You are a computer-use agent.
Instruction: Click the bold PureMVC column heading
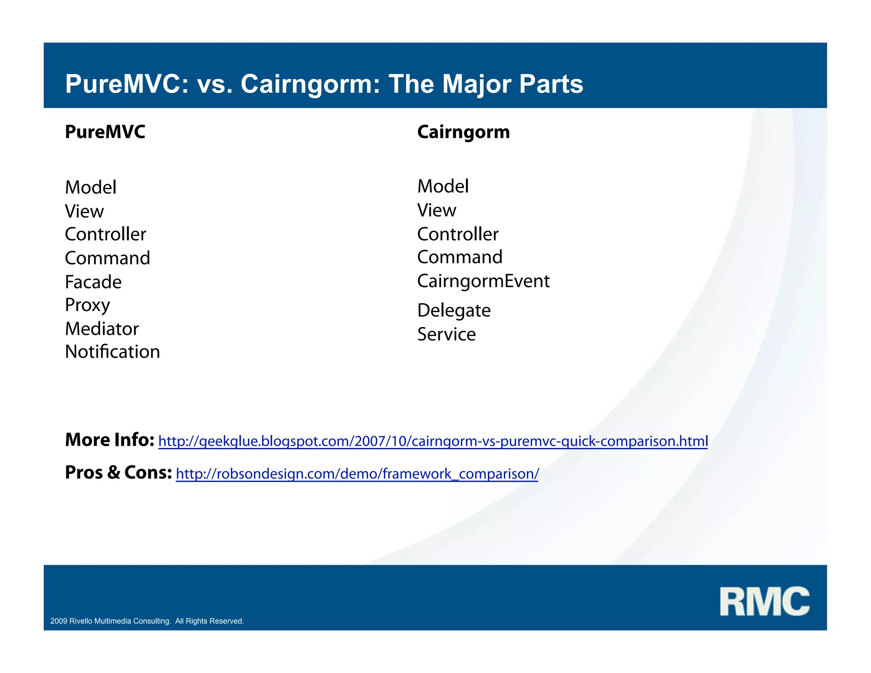pos(105,132)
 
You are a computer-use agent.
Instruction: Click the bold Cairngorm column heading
pos(463,132)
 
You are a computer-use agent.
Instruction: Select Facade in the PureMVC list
pos(93,282)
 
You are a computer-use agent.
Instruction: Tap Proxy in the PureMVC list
pos(87,305)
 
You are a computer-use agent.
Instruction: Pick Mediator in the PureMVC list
pos(102,329)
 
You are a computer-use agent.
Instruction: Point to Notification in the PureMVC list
pos(112,352)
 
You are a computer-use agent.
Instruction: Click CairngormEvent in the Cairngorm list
pos(483,281)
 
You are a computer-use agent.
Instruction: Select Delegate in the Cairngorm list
pos(454,311)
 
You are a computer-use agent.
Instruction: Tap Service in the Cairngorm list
pos(446,334)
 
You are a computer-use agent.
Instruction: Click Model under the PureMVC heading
pos(91,188)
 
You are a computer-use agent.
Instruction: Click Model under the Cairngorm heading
pos(443,186)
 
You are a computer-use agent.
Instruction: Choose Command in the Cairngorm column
pos(460,257)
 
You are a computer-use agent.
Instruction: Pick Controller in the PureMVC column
pos(105,234)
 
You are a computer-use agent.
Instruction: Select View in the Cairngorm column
pos(436,210)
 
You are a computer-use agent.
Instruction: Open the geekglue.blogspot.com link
pos(433,441)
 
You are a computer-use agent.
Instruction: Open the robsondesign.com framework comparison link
pos(357,474)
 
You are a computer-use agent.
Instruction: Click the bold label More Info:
pos(109,440)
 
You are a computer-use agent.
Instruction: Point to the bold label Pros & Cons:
pos(118,473)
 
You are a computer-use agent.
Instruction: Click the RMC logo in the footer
pos(764,601)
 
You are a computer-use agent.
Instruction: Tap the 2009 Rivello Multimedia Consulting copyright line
pos(147,621)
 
